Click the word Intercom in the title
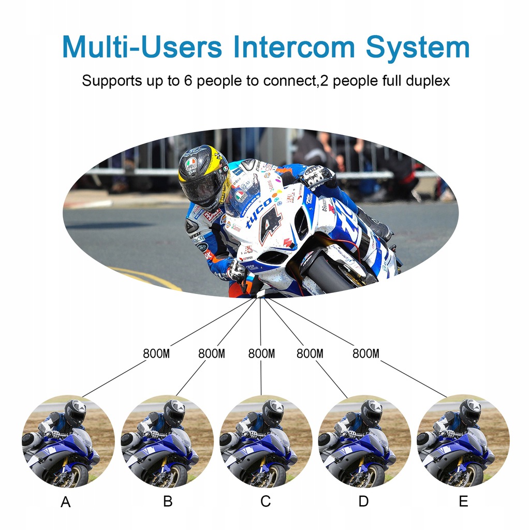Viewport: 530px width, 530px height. (x=294, y=47)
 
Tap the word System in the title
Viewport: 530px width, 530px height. (x=417, y=48)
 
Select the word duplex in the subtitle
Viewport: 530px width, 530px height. (x=424, y=81)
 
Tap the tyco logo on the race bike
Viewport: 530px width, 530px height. (x=259, y=212)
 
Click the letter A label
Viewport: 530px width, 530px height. (x=66, y=503)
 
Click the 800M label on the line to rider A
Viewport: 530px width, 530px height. (x=156, y=354)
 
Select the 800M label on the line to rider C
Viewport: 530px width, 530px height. (x=261, y=354)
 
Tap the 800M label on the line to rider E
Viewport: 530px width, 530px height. (x=366, y=354)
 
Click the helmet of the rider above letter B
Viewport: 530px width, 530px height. (x=174, y=412)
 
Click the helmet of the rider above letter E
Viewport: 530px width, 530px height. (x=470, y=412)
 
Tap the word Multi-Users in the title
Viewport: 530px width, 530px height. (x=142, y=47)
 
